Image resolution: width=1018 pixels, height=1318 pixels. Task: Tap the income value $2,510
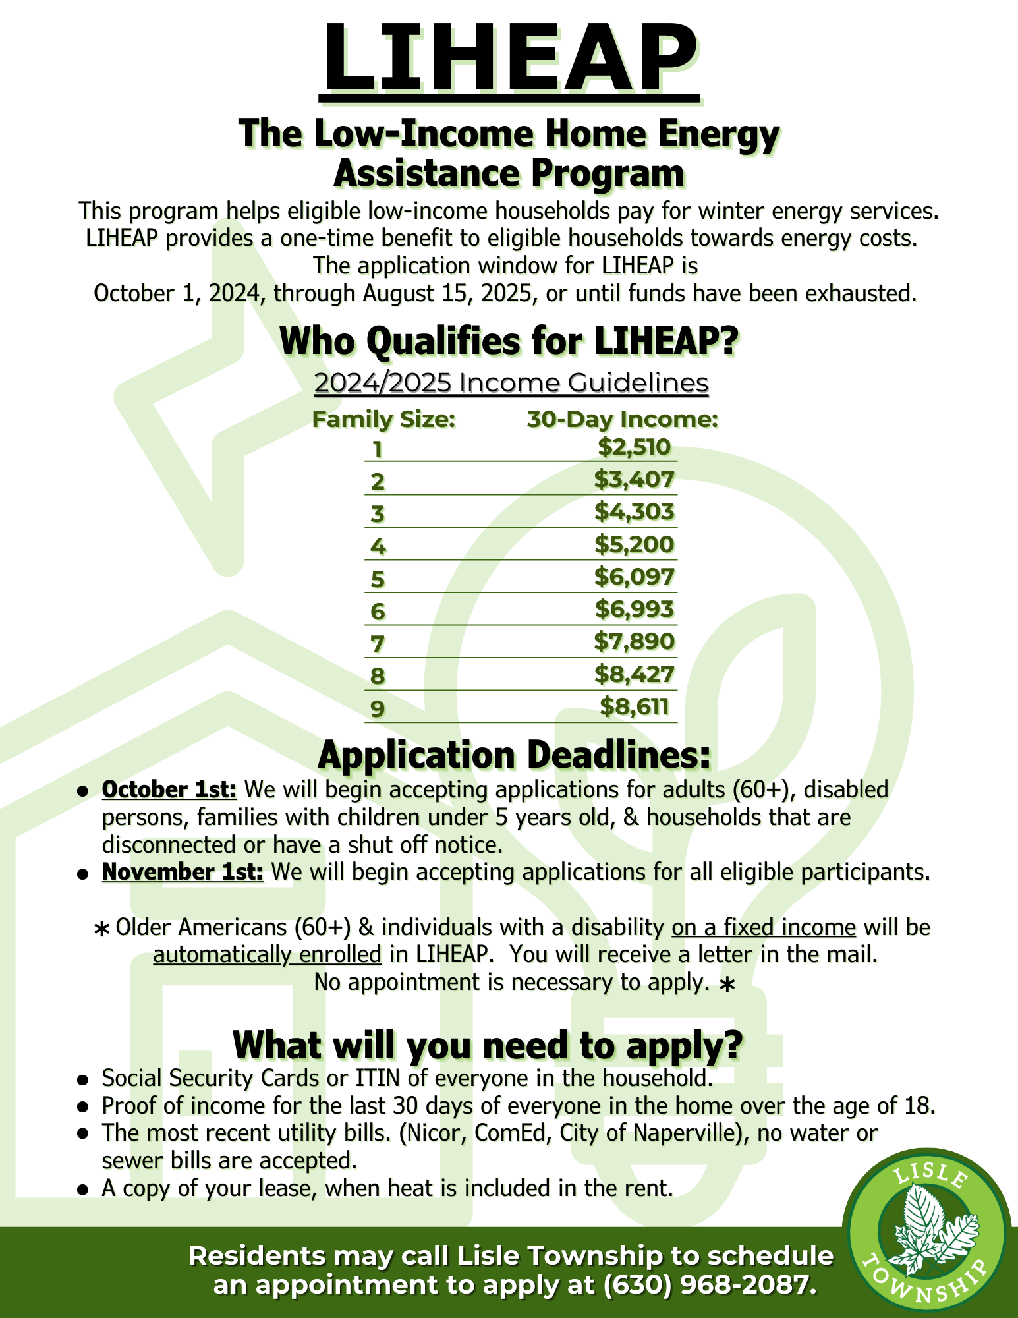point(634,447)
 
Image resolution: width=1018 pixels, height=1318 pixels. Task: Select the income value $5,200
point(634,544)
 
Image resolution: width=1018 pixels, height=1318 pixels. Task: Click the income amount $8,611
point(634,706)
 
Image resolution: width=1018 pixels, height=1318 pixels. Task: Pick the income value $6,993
point(634,609)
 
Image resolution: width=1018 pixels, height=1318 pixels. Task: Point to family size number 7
point(377,643)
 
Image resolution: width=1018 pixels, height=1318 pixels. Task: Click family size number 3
point(377,513)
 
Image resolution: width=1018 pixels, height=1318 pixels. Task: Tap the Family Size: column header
point(383,419)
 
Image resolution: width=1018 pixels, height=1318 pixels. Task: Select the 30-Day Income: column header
point(622,419)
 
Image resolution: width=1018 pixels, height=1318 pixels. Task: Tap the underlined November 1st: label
point(183,872)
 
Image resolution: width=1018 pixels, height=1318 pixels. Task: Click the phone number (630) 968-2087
point(706,1285)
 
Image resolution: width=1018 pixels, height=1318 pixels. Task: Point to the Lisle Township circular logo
point(929,1238)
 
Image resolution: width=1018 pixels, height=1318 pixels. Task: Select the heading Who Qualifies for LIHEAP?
point(509,341)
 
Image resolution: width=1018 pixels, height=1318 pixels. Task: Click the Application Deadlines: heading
point(514,755)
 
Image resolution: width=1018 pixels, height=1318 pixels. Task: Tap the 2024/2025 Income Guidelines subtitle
point(511,383)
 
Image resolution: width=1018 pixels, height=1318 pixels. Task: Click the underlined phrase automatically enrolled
point(267,954)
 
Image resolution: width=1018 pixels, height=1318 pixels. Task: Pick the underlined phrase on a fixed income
point(764,927)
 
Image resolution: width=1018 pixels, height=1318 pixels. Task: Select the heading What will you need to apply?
point(488,1045)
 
